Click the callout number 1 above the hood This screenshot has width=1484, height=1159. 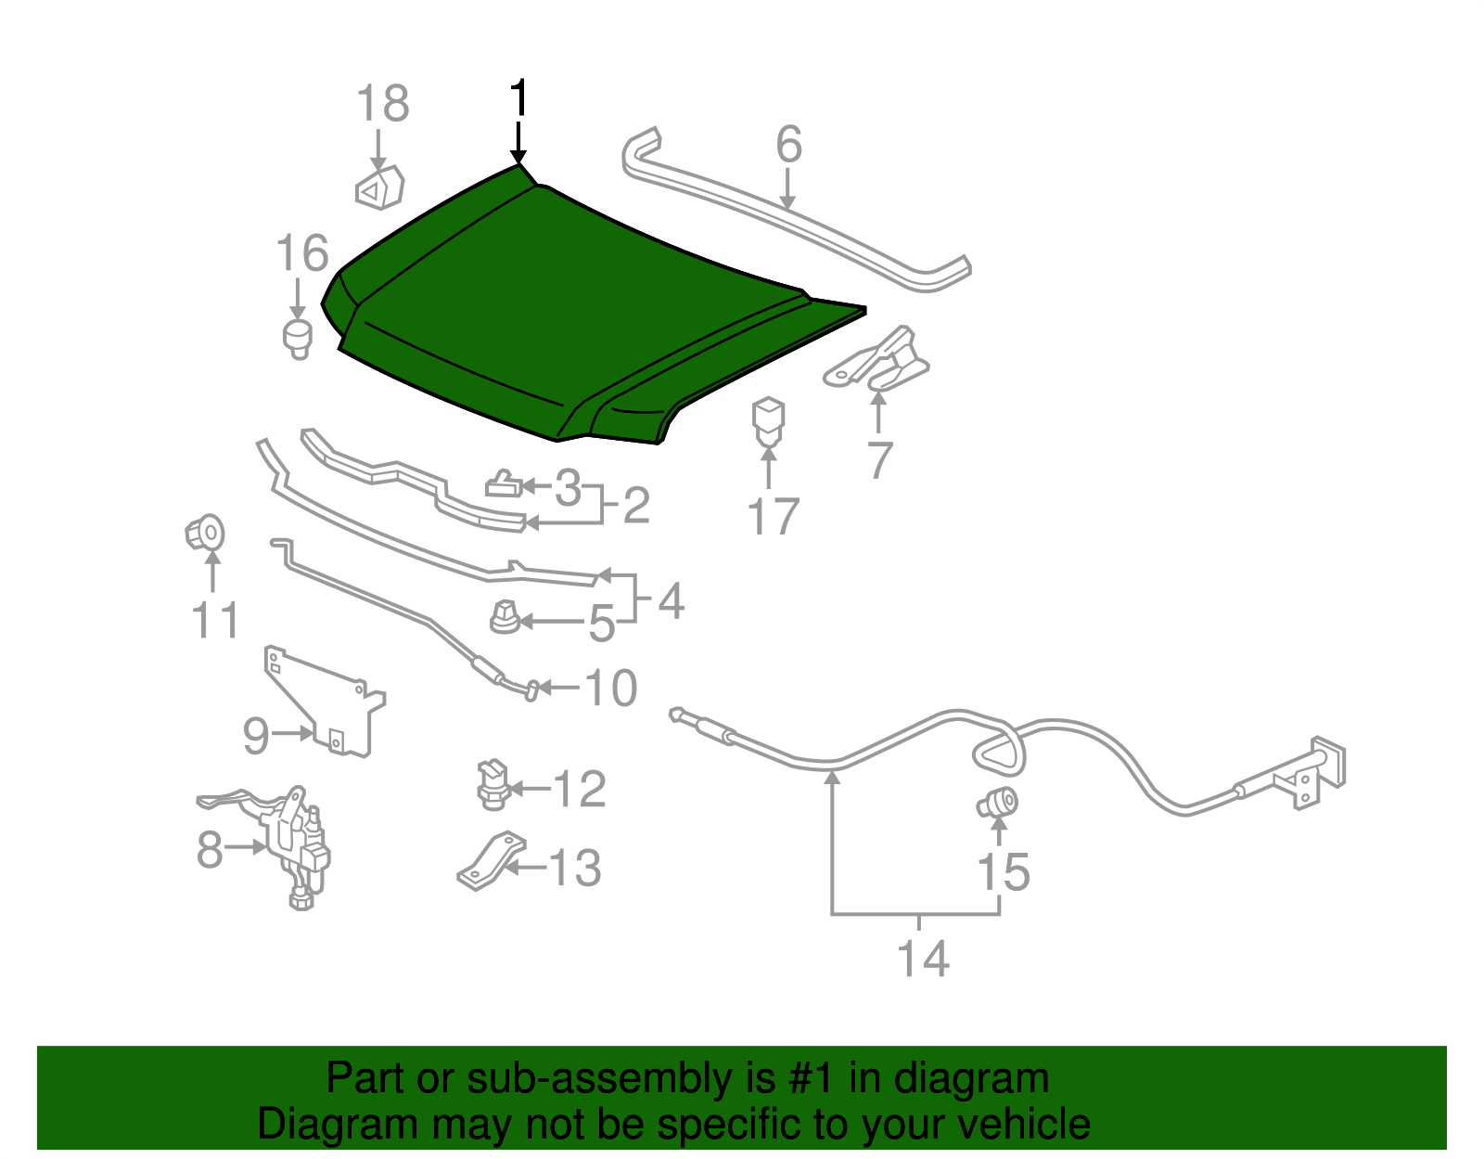[x=519, y=97]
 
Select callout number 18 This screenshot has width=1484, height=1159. [x=383, y=103]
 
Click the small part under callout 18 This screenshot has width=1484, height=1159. [x=379, y=187]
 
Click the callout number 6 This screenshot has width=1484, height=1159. [x=788, y=144]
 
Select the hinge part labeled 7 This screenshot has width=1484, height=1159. [x=877, y=359]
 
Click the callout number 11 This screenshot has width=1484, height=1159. [x=214, y=620]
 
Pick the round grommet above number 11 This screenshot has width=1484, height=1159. [x=205, y=532]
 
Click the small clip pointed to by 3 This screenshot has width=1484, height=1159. [x=504, y=483]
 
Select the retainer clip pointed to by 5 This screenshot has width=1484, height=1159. [x=505, y=617]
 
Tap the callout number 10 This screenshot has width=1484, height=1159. [x=611, y=687]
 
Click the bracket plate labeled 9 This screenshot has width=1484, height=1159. [x=325, y=703]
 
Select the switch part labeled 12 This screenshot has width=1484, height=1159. [x=493, y=784]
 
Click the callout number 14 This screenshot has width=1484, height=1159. [x=923, y=959]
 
